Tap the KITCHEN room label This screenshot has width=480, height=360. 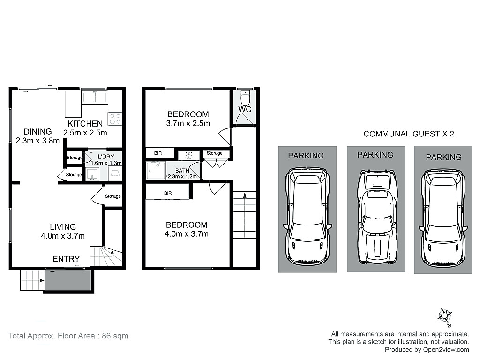coord(85,124)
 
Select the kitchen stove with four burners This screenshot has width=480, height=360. coord(115,119)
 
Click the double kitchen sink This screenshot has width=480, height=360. coord(95,97)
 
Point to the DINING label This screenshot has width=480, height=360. coord(37,132)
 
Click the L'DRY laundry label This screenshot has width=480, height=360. coord(106,157)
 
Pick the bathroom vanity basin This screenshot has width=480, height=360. coord(189,156)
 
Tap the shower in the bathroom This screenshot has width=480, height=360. coord(156,171)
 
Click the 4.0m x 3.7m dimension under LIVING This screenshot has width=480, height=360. coord(63,236)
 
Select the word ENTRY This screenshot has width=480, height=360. coord(66,259)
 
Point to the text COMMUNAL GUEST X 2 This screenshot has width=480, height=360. coord(409,134)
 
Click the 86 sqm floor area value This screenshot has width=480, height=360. coord(115,336)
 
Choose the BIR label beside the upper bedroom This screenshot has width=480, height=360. coord(158,153)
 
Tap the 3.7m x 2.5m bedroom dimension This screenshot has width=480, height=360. coord(188,123)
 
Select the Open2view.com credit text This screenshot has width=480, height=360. coord(446,350)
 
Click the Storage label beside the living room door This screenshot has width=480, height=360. coord(113,196)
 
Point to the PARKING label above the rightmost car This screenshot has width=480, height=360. coord(443,157)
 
